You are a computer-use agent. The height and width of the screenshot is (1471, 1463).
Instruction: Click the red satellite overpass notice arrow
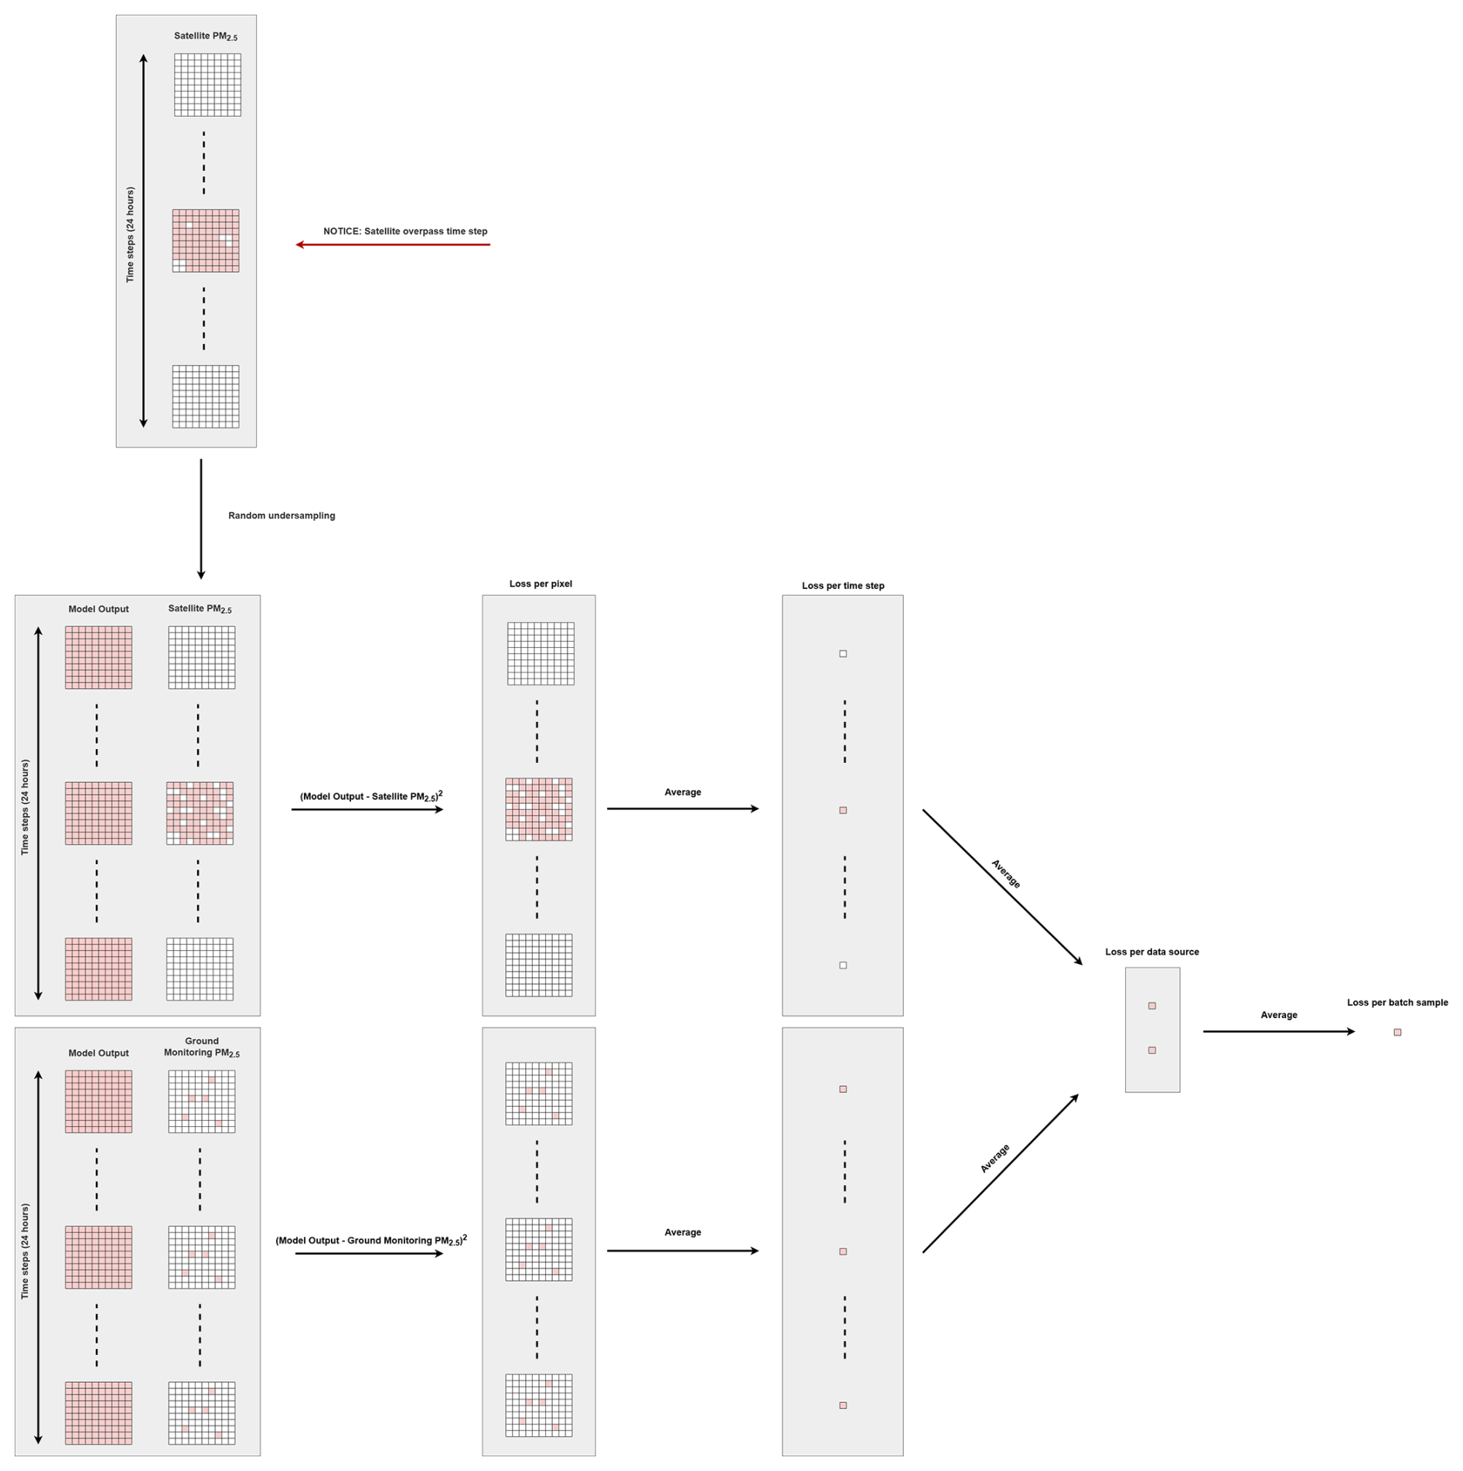393,245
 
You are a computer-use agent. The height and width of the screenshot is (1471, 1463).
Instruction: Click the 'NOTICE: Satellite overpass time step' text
405,231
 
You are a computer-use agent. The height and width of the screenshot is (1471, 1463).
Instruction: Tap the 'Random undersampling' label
281,516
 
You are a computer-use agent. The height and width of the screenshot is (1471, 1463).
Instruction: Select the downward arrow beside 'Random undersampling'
201,519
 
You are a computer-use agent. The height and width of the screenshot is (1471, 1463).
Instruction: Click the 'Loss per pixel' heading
541,584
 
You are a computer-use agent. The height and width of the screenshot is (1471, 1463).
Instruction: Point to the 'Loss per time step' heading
843,586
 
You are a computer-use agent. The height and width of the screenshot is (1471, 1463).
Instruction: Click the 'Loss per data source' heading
1151,952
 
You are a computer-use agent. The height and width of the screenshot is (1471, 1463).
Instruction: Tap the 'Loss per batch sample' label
1397,1003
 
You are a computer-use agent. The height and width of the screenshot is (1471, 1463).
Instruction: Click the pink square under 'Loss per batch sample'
1397,1033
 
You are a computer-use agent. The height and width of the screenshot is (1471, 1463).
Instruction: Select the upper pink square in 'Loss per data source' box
1152,1006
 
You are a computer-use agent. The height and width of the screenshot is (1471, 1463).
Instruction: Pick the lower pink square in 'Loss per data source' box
1152,1050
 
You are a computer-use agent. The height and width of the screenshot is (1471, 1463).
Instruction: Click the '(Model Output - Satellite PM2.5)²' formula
371,796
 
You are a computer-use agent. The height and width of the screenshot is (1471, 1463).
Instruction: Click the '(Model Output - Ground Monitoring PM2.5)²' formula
371,1241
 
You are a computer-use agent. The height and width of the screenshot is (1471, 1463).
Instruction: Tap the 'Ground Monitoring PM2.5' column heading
202,1047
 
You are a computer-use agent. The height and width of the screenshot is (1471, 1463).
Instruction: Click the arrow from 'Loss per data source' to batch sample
1279,1032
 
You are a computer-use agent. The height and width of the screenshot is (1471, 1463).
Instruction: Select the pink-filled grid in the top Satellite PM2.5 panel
206,240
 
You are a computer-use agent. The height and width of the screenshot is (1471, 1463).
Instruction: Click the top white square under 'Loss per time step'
843,654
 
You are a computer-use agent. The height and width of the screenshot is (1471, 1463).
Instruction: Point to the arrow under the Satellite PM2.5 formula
367,809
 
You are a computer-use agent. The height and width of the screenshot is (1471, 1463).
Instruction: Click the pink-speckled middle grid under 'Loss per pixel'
539,809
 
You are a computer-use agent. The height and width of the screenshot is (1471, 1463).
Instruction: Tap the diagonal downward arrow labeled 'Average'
1002,887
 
